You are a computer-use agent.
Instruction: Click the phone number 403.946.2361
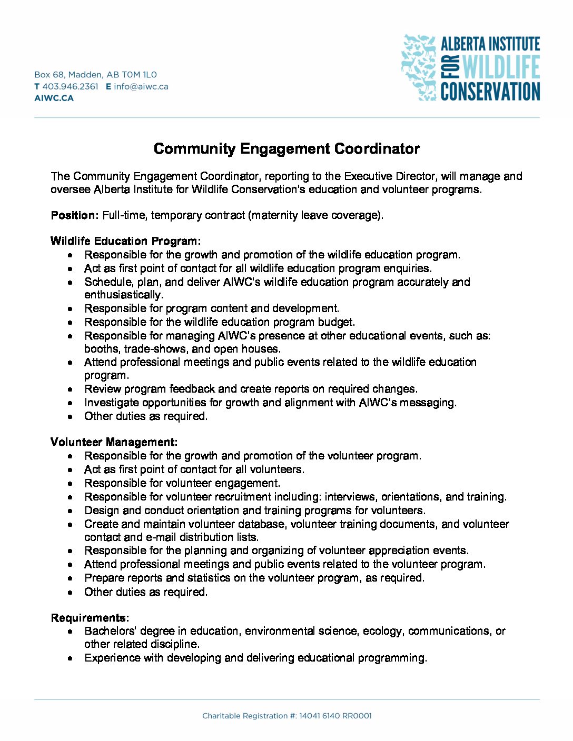[70, 86]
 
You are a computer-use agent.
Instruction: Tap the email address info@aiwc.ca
[141, 86]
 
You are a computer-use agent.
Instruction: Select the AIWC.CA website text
[54, 98]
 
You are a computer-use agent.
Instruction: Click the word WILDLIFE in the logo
[500, 67]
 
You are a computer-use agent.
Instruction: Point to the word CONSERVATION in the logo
[490, 91]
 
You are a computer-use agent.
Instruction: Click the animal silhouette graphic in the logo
[419, 67]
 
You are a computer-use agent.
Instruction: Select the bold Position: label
[74, 215]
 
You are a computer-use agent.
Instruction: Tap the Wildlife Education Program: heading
[125, 241]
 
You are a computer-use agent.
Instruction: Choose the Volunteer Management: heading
[114, 442]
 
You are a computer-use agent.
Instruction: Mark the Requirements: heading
[90, 618]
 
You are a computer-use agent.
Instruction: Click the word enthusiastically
[124, 295]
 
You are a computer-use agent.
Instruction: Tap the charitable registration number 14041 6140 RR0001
[335, 716]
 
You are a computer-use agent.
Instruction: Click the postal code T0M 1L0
[139, 75]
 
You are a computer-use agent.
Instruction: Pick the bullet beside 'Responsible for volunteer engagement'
[70, 484]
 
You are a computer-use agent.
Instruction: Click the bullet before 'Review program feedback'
[70, 389]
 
